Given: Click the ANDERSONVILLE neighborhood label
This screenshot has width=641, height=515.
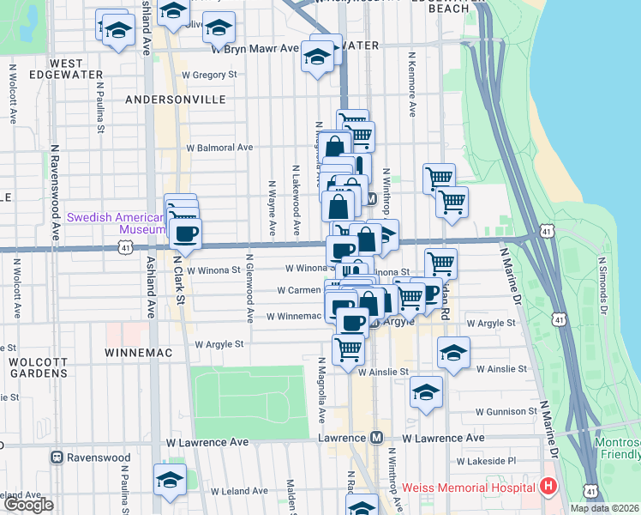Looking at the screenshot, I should (175, 100).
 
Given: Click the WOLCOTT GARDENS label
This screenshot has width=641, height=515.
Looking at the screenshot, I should (39, 367).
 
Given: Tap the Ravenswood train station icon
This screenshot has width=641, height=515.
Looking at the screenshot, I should (57, 457).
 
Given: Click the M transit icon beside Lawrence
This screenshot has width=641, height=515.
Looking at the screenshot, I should (375, 438).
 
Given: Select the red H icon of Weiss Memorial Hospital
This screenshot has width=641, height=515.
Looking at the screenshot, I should (548, 487).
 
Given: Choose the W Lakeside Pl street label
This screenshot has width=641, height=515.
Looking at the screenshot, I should (486, 461).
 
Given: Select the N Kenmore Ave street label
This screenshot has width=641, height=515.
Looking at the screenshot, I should (412, 88).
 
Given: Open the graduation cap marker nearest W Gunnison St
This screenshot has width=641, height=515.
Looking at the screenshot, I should (426, 391).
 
